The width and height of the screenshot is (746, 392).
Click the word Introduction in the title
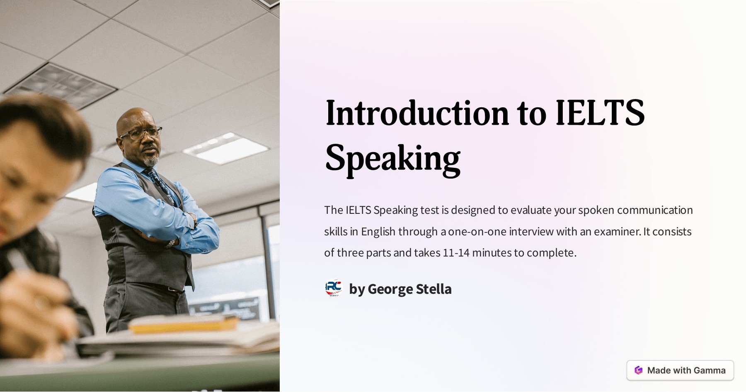(x=417, y=113)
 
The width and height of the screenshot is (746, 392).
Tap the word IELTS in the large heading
(x=600, y=113)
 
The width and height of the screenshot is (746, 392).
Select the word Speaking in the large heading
(x=392, y=158)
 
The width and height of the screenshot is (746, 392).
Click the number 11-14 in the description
(x=456, y=252)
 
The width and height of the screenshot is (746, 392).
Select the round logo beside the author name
(x=334, y=288)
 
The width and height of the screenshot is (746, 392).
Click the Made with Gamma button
(x=680, y=370)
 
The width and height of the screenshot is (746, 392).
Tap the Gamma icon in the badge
(x=639, y=370)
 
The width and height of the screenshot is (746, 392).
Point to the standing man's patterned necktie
(x=160, y=182)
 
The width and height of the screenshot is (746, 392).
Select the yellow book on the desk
(x=182, y=325)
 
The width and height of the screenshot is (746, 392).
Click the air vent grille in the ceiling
(x=60, y=85)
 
